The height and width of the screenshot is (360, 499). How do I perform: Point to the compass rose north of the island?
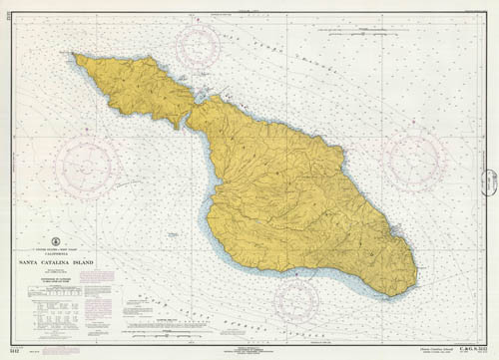click(204, 47)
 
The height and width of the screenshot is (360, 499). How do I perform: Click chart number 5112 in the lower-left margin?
click(11, 350)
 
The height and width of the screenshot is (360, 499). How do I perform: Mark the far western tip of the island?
click(75, 56)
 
